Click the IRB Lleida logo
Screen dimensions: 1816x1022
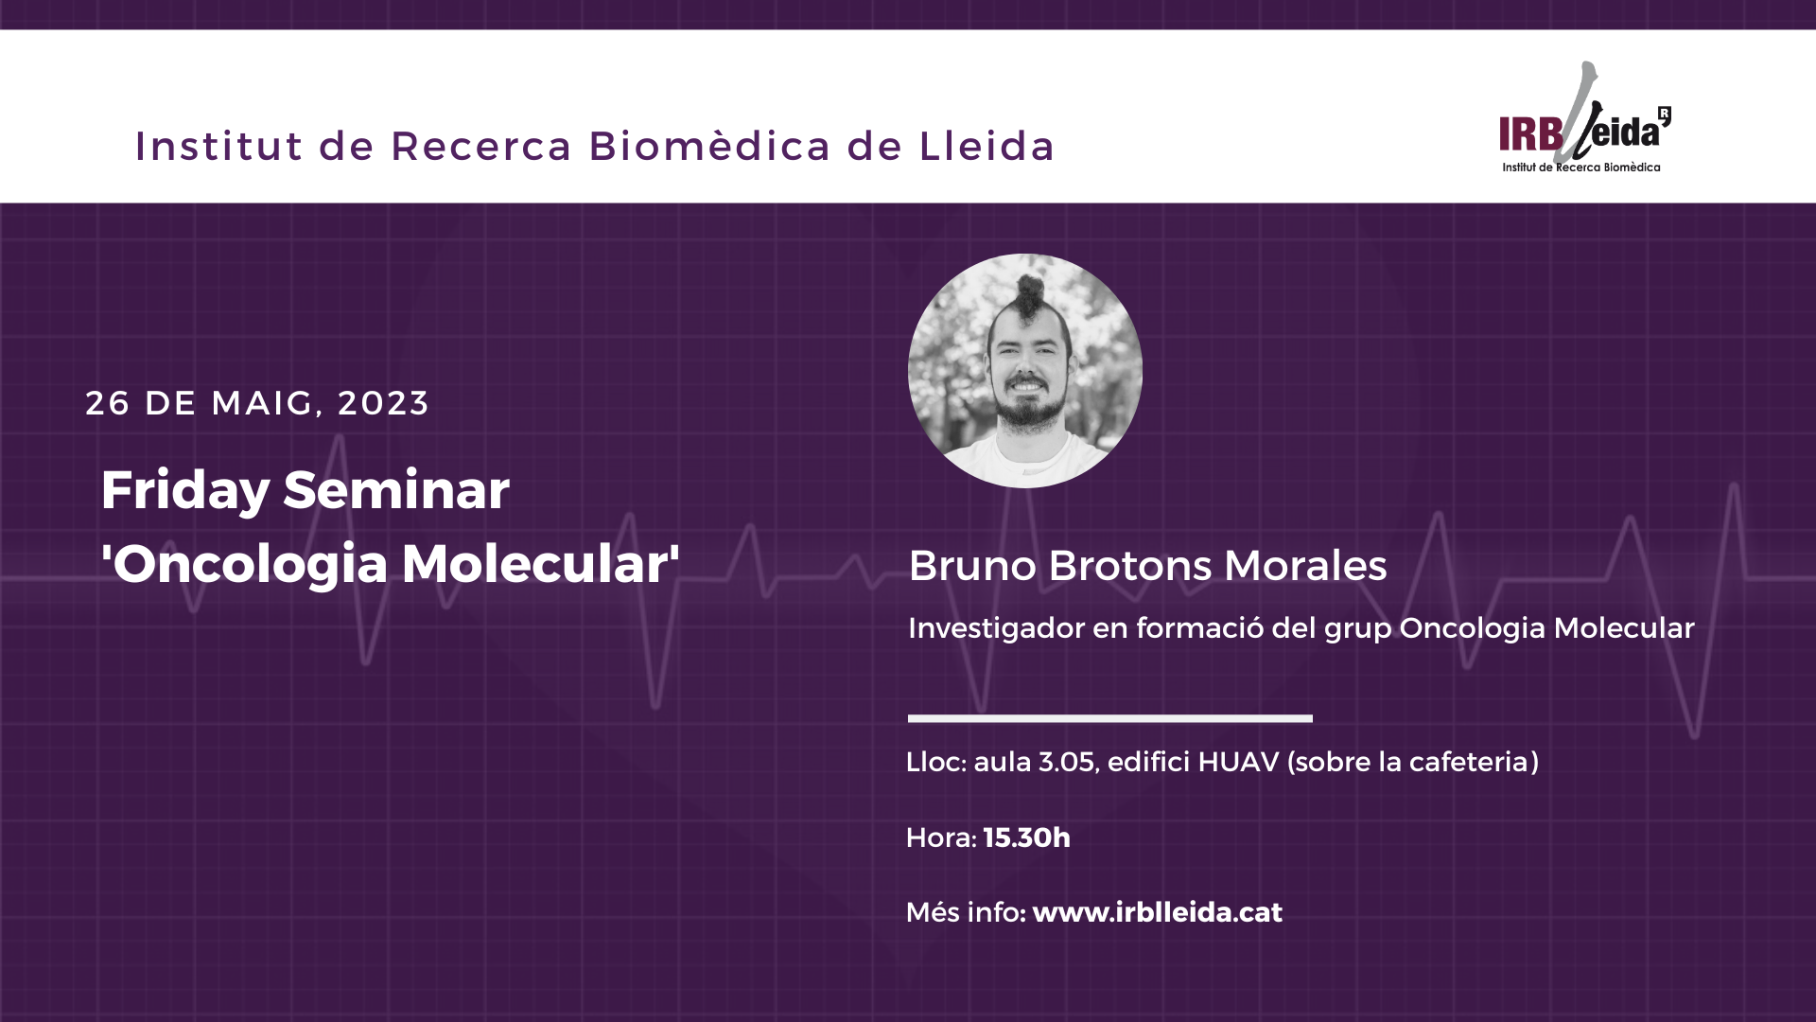(x=1584, y=118)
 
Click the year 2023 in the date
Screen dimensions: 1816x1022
(x=383, y=403)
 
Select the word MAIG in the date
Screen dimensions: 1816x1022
(x=262, y=403)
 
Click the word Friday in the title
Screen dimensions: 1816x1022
(x=185, y=490)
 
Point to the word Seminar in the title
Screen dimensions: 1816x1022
(x=396, y=489)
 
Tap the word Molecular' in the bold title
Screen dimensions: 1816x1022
(x=541, y=563)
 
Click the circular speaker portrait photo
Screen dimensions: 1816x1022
(x=1025, y=371)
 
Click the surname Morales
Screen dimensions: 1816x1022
(x=1305, y=566)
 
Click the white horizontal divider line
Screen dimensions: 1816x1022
(x=1110, y=718)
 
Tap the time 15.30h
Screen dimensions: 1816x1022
(x=1027, y=837)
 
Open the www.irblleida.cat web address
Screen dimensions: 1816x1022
(x=1158, y=912)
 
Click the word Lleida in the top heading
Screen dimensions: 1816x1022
(x=987, y=146)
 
